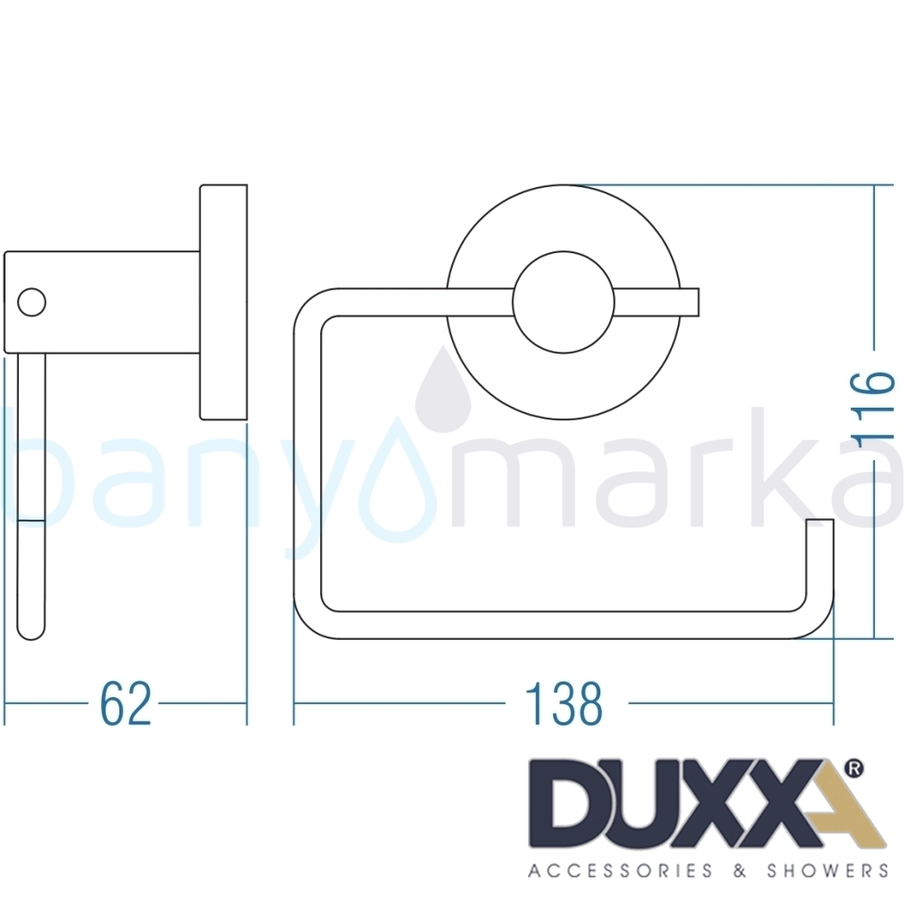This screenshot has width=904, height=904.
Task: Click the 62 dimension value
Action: point(125,703)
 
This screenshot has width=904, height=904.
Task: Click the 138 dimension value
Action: point(564,703)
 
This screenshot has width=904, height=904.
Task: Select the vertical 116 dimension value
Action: point(875,410)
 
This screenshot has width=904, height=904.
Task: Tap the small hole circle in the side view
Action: point(32,302)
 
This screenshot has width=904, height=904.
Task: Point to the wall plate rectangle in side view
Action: point(223,302)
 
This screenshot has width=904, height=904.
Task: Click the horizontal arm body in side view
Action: point(102,302)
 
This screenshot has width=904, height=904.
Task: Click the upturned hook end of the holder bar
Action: point(820,553)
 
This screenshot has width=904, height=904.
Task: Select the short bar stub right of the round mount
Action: point(690,302)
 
